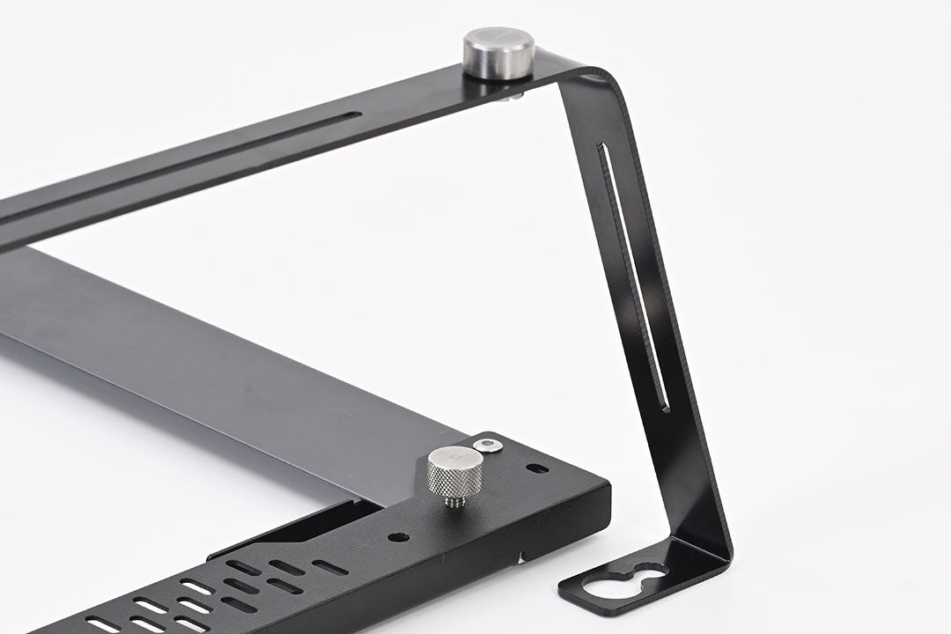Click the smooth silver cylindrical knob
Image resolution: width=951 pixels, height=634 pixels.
pyautogui.click(x=498, y=52)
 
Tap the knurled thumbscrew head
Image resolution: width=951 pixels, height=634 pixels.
pyautogui.click(x=455, y=470)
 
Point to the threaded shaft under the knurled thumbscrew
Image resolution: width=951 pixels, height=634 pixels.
pyautogui.click(x=455, y=501)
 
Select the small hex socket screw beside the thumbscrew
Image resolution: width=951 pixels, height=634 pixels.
pyautogui.click(x=487, y=446)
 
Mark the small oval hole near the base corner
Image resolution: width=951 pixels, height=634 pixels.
pyautogui.click(x=536, y=468)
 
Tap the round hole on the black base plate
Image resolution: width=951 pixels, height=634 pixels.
pyautogui.click(x=398, y=536)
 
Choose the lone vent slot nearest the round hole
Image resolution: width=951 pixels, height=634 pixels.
pyautogui.click(x=329, y=567)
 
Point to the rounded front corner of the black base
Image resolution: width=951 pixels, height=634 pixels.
pyautogui.click(x=606, y=486)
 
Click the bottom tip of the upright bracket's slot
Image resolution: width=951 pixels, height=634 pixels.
pyautogui.click(x=666, y=409)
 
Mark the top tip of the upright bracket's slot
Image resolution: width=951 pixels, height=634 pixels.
pyautogui.click(x=601, y=146)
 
